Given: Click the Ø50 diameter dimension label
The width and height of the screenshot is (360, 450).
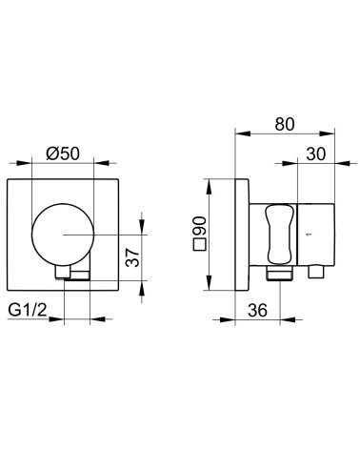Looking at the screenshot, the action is tap(63, 154).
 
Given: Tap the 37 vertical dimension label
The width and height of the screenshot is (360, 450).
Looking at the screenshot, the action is tap(132, 257).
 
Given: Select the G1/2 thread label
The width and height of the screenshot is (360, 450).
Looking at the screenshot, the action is tap(27, 310).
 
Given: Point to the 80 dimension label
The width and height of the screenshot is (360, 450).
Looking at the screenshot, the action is tap(285, 124).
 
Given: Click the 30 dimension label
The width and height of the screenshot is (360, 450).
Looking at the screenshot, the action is tap(316, 154).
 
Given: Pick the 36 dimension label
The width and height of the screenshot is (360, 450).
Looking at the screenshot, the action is tap(257, 310).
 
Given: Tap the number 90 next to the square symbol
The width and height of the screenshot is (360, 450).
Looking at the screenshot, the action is tap(200, 226).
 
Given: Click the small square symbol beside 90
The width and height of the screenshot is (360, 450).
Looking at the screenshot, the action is tap(200, 245).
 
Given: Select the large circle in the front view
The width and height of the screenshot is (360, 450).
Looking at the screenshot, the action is tap(63, 235).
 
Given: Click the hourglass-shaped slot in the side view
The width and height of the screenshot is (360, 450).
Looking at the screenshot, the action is tap(280, 235).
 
